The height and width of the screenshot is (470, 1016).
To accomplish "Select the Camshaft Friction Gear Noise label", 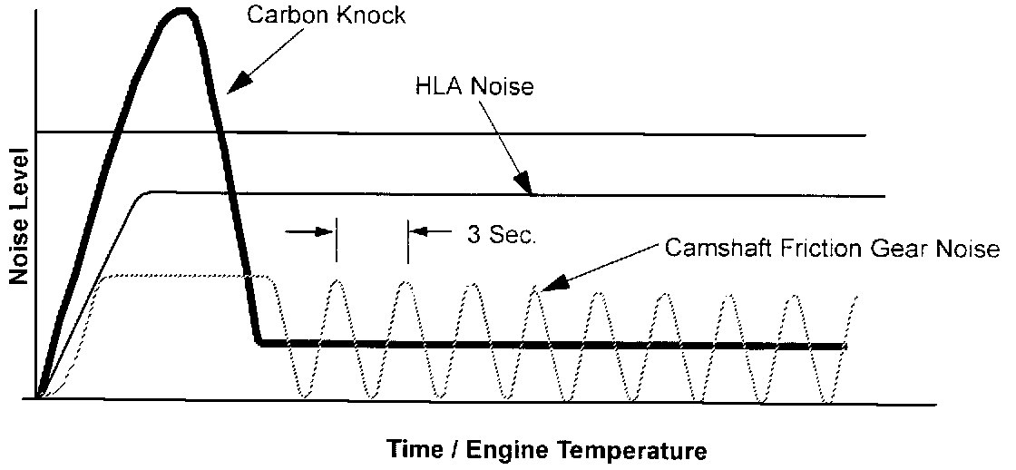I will coord(832,248).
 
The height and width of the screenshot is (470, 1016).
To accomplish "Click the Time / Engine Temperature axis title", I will coord(547,449).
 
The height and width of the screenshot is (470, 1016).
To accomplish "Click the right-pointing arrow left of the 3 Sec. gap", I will coord(322,232).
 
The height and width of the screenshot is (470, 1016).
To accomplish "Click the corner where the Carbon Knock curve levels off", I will coord(259,342).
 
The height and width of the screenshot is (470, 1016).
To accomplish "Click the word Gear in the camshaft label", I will coord(910,248).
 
